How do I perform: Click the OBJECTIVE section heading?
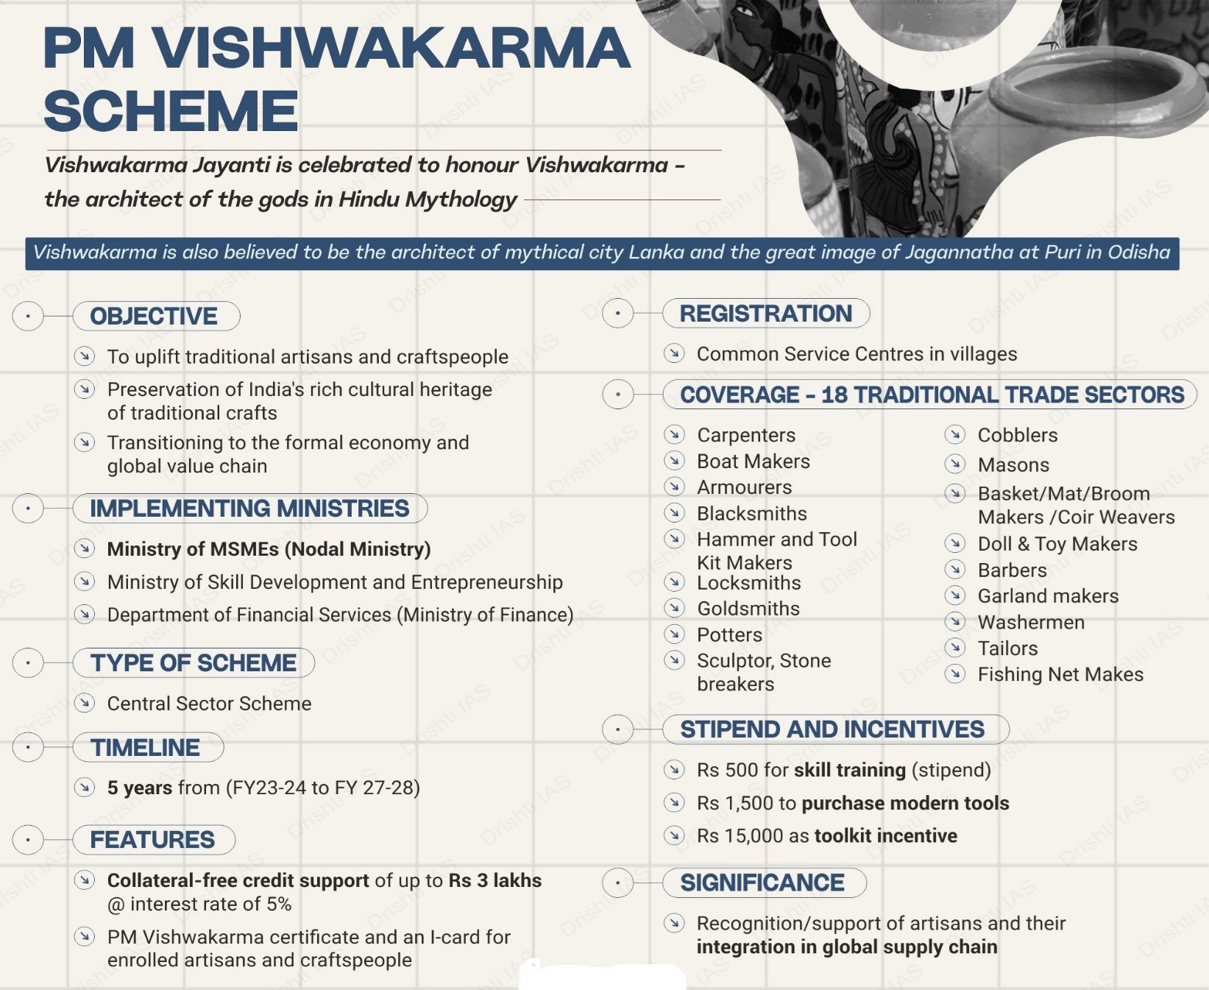[x=154, y=317]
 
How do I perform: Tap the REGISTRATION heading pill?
[x=765, y=314]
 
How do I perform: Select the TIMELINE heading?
[x=145, y=748]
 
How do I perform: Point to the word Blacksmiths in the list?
[x=751, y=514]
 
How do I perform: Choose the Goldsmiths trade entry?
[x=748, y=609]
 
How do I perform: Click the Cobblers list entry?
[x=1017, y=435]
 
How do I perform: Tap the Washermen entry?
[x=1030, y=623]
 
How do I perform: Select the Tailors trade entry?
[x=1007, y=648]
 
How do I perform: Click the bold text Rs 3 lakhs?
[x=495, y=880]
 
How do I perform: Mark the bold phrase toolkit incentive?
[x=885, y=836]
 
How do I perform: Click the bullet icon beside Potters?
[x=674, y=634]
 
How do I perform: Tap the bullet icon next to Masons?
[x=955, y=464]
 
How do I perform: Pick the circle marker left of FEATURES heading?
[x=28, y=840]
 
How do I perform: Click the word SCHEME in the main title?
[x=171, y=111]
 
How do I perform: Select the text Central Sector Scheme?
[x=209, y=704]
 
